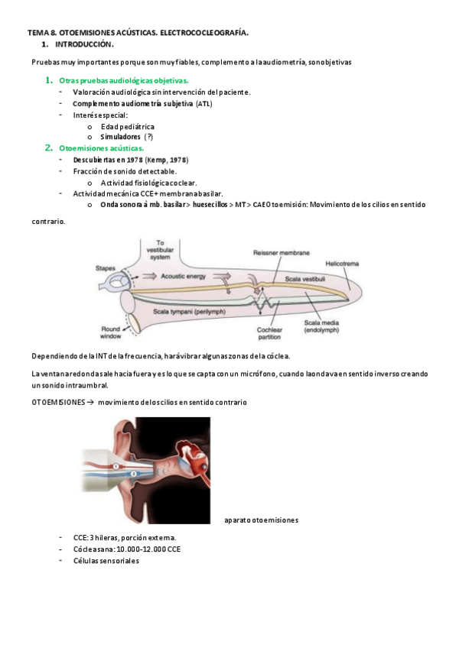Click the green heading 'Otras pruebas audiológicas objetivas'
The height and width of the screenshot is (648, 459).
point(123,80)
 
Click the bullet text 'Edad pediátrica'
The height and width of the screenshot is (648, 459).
point(128,126)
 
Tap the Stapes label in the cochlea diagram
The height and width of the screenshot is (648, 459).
point(106,268)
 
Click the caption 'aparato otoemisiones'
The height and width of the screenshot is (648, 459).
point(261,520)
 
